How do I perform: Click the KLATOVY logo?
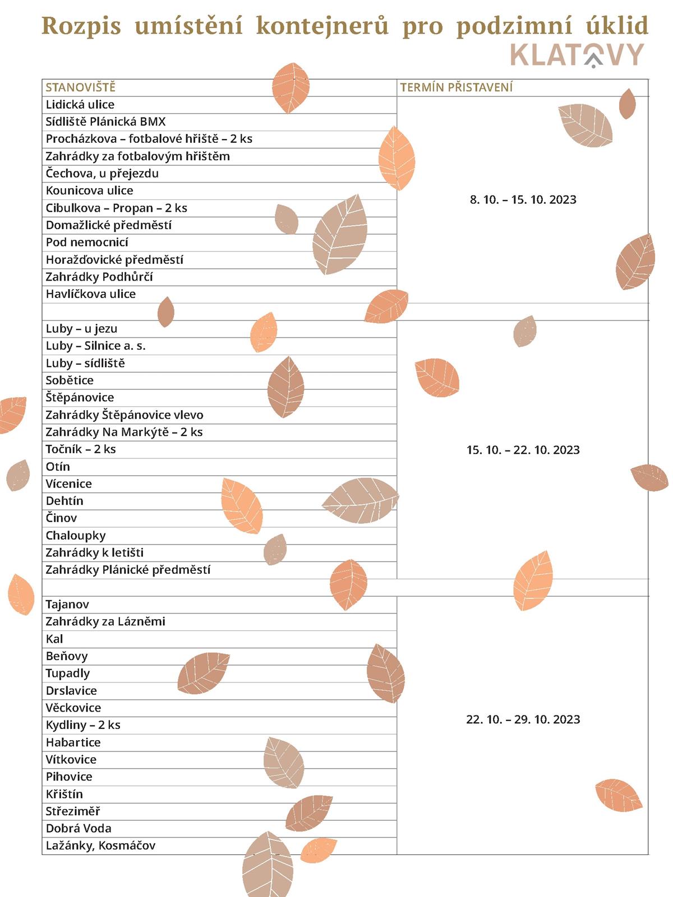coord(577,55)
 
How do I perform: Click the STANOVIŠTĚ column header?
coord(80,87)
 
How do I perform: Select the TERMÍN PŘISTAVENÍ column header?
coord(456,87)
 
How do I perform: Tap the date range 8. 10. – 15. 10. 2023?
coord(523,200)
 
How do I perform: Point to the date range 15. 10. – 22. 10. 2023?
coord(523,450)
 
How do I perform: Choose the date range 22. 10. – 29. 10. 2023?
coord(523,719)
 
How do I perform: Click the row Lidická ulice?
coord(80,105)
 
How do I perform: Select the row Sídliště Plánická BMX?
coord(106,122)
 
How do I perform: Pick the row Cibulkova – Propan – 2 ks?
coord(117,208)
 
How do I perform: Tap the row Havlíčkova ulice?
coord(91,294)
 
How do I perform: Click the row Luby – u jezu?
coord(81,329)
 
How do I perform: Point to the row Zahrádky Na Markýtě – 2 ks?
coord(124,432)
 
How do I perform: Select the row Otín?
coord(58,467)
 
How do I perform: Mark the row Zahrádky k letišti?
coord(95,553)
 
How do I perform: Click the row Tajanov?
coord(67,605)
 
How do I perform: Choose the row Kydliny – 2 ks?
coord(83,725)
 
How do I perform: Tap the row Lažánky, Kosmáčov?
coord(100,845)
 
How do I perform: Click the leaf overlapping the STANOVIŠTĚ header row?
coord(291,87)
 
